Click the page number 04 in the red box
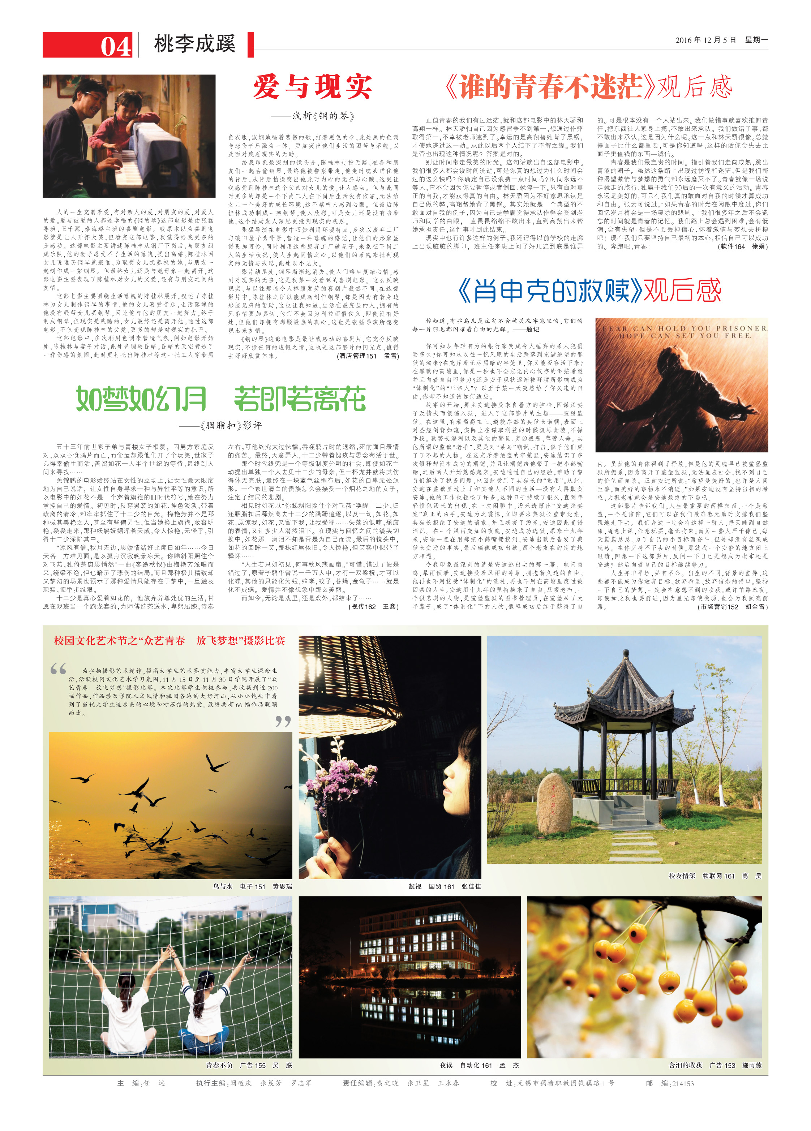116,46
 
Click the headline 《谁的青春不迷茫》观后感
588,87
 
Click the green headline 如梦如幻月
141,399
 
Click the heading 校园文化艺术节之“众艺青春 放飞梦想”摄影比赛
170,641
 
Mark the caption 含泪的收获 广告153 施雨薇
715,1066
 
